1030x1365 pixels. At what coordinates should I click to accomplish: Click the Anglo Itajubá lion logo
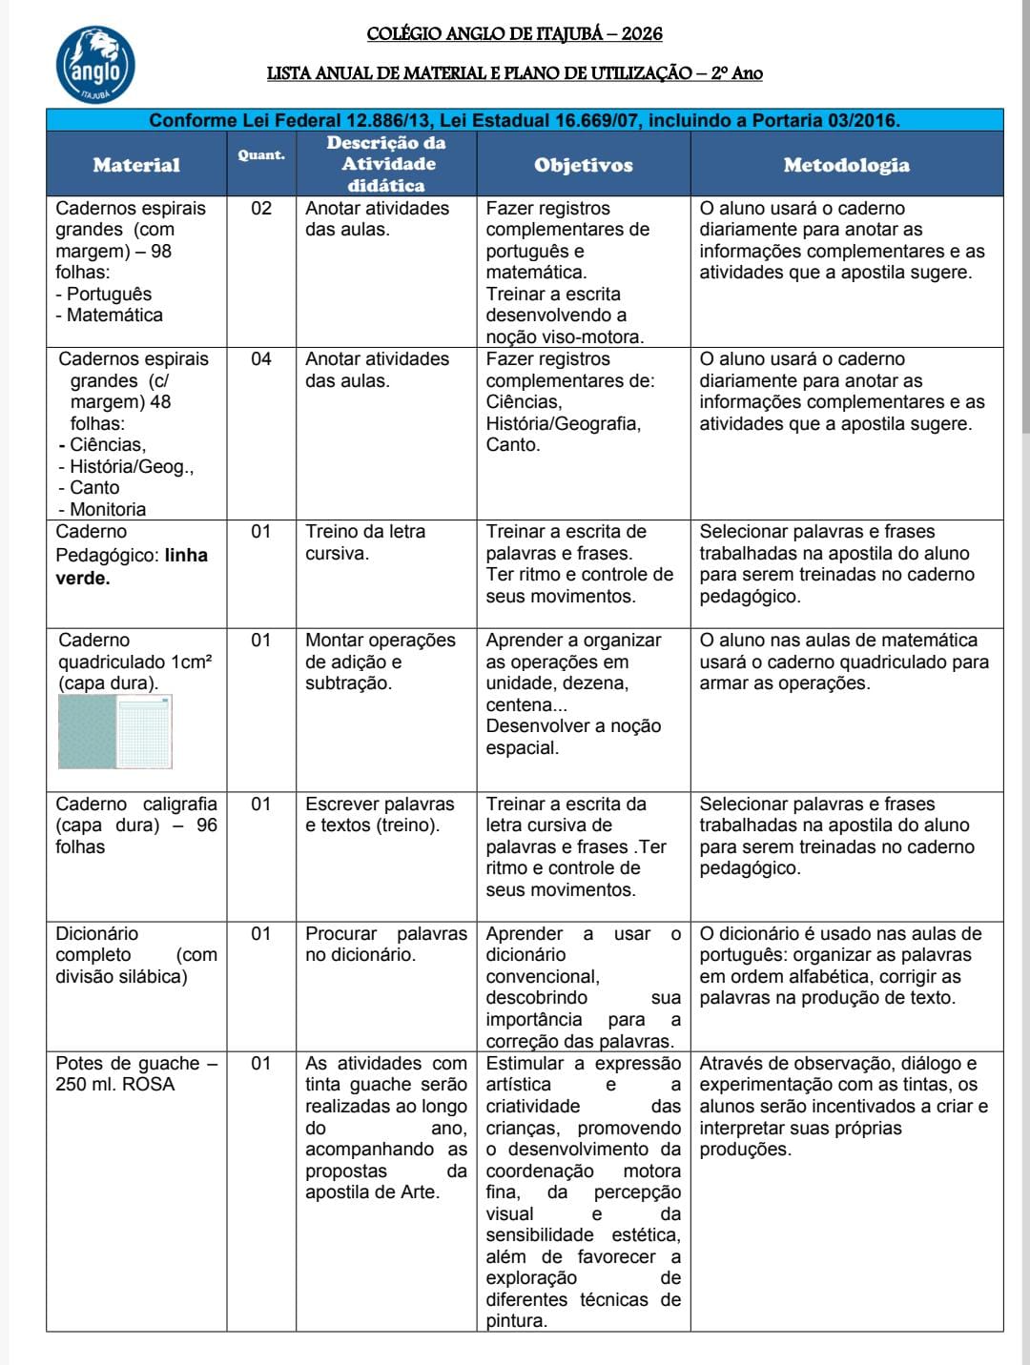point(95,65)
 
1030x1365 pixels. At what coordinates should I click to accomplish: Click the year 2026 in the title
point(642,33)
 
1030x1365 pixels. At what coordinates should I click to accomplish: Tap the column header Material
point(136,165)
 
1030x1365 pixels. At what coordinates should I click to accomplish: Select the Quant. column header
point(260,154)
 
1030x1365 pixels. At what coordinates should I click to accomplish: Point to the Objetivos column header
point(583,165)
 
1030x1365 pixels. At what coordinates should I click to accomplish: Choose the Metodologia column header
point(846,165)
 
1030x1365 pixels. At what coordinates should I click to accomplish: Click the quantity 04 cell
point(260,359)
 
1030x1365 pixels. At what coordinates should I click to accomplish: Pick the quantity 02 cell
point(260,209)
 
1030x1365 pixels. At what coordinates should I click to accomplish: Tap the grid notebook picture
point(115,731)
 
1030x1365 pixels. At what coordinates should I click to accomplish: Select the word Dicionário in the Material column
point(96,934)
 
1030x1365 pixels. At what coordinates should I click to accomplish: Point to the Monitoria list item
point(107,510)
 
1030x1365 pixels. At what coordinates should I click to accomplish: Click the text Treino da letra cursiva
point(364,542)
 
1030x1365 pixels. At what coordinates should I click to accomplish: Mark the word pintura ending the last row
point(516,1321)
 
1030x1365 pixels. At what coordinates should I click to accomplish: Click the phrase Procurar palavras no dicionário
point(385,944)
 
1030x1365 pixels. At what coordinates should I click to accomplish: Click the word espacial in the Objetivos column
point(523,748)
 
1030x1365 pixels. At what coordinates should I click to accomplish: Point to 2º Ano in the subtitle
point(736,73)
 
